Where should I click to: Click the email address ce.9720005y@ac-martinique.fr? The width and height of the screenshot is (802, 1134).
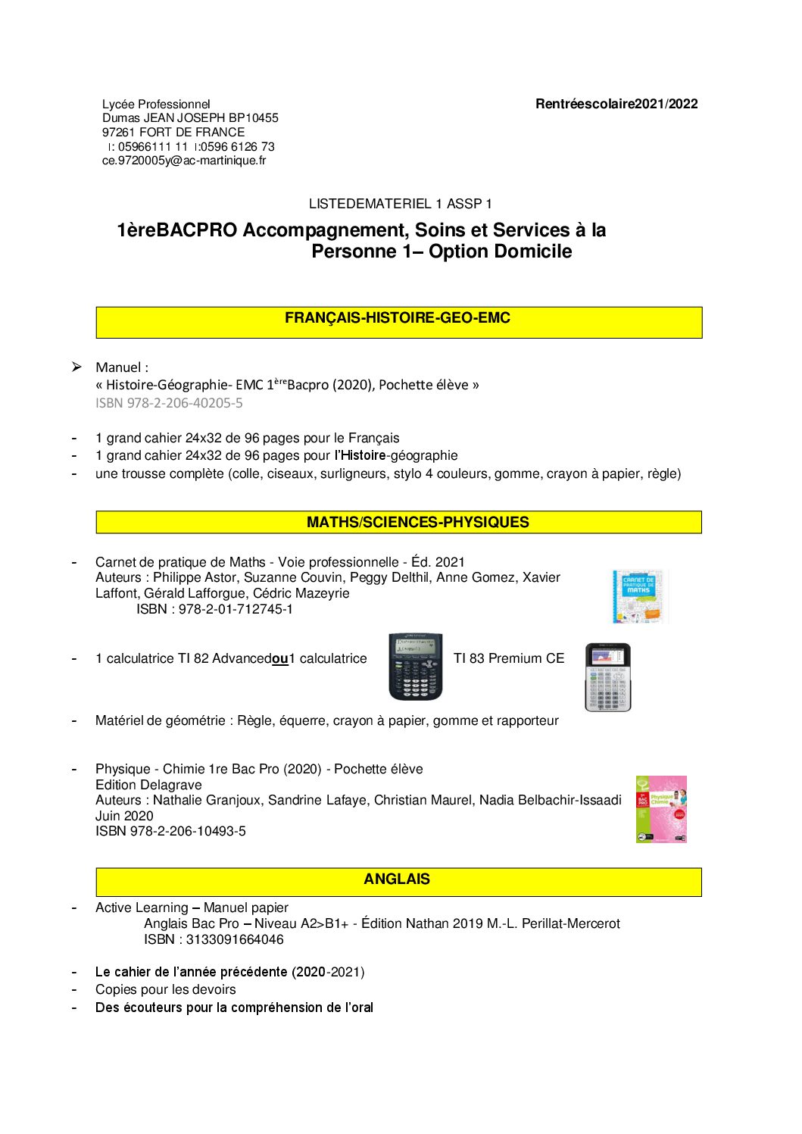click(184, 161)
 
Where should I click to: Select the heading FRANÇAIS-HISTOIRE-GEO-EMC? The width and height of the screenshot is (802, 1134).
click(398, 318)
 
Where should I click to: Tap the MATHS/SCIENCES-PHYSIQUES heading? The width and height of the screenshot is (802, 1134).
click(418, 523)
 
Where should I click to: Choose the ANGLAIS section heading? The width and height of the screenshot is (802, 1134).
click(397, 879)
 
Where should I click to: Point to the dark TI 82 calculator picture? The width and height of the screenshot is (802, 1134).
click(415, 667)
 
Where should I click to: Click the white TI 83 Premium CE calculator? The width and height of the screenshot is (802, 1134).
click(607, 677)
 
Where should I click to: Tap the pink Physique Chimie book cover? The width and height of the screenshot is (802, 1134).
click(661, 809)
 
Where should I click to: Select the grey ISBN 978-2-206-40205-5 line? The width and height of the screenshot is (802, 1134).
click(169, 403)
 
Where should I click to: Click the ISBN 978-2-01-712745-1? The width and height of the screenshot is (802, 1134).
click(214, 609)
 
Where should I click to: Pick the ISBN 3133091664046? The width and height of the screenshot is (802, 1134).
click(214, 939)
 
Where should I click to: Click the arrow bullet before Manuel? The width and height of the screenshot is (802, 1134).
click(76, 367)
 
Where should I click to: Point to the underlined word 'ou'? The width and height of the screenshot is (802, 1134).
click(280, 659)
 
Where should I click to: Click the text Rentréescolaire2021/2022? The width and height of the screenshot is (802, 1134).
click(616, 105)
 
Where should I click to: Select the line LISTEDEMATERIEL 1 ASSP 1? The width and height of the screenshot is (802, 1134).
click(400, 204)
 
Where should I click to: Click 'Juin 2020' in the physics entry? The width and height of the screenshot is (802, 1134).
click(124, 816)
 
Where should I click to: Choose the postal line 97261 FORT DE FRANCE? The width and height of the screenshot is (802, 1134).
click(173, 133)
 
